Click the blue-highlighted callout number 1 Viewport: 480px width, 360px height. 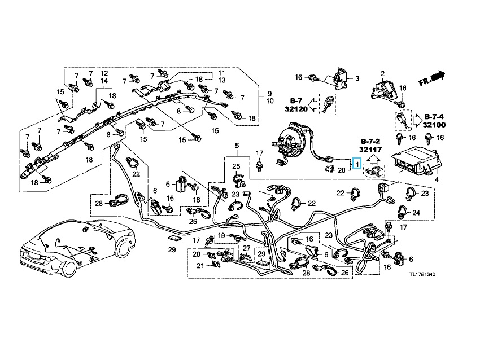357,164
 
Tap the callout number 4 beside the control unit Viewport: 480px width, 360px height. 436,179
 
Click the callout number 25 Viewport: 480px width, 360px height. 236,166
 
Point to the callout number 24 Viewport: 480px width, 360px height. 416,213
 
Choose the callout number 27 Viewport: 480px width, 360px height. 246,248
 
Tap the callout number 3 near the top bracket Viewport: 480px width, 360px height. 356,77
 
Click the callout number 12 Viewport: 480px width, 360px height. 104,74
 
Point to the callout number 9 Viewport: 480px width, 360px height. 269,93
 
